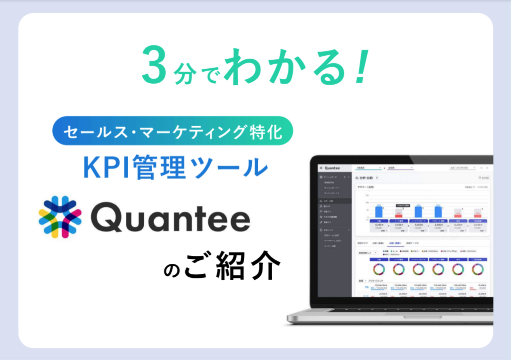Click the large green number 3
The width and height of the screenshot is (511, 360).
(155, 65)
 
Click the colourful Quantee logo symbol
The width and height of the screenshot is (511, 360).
(60, 217)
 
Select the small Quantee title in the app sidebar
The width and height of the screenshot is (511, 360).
(332, 168)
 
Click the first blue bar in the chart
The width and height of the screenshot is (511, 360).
(379, 211)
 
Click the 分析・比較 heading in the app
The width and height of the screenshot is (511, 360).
(366, 178)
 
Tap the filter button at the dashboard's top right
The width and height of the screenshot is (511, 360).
(484, 178)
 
